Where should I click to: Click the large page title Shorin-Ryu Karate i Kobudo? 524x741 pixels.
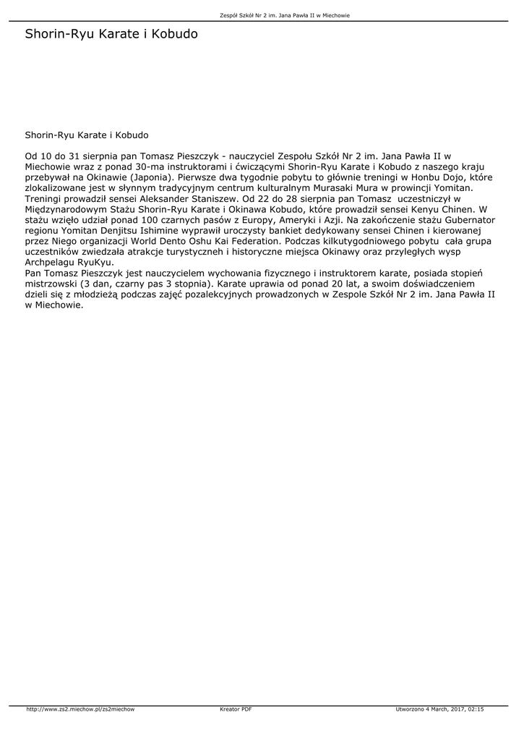111,34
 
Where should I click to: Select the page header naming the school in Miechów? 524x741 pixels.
285,15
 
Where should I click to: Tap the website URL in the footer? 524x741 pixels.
80,709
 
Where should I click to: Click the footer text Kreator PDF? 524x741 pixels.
236,709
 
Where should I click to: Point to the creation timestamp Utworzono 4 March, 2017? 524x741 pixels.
439,709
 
